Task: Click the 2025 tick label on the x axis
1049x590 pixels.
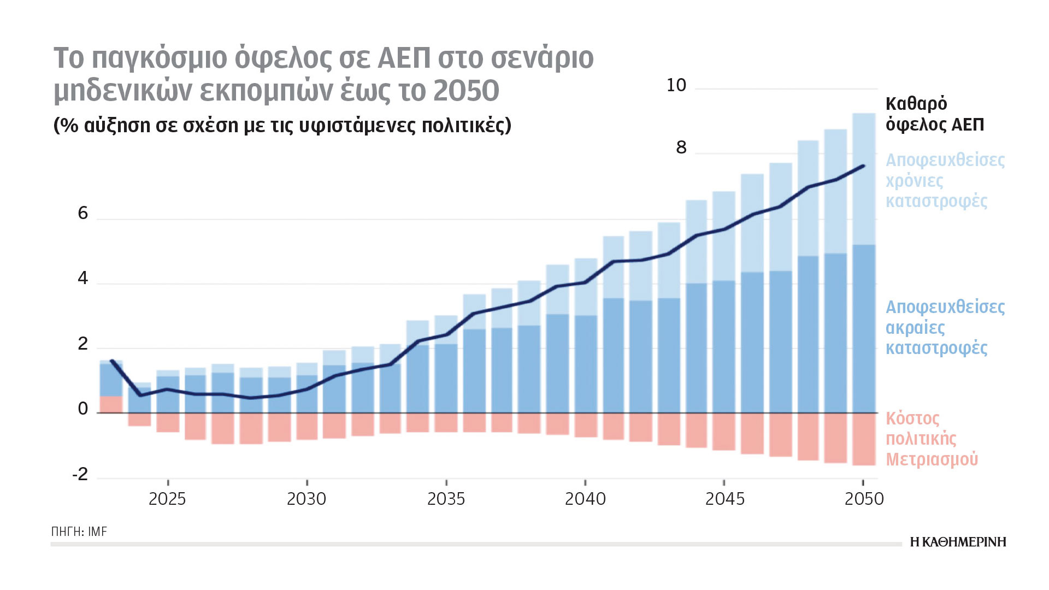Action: click(x=167, y=499)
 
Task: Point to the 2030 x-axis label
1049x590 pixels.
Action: click(x=307, y=499)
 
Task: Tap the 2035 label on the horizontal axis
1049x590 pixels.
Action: click(x=446, y=499)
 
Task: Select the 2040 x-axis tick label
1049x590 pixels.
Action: click(x=585, y=499)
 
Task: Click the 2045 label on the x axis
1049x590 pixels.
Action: click(x=724, y=499)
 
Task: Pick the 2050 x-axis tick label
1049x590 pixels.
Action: click(x=864, y=499)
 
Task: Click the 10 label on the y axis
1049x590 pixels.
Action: click(x=676, y=85)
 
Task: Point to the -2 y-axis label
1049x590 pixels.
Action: click(x=80, y=474)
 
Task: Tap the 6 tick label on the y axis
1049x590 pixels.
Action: click(x=83, y=213)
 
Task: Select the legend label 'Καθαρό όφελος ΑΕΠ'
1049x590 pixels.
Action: click(x=934, y=114)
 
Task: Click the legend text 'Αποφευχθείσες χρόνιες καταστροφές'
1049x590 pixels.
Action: click(x=945, y=180)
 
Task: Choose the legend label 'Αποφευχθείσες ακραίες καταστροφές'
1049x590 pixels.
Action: click(x=945, y=327)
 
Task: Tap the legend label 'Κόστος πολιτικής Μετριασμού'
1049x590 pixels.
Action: click(x=932, y=439)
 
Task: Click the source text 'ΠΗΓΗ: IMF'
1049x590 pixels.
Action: click(x=79, y=532)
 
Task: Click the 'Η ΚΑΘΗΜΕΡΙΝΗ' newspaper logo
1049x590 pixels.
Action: click(x=958, y=542)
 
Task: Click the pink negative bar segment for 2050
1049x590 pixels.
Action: click(x=864, y=439)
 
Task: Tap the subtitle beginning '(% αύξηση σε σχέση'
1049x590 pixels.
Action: click(x=282, y=126)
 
